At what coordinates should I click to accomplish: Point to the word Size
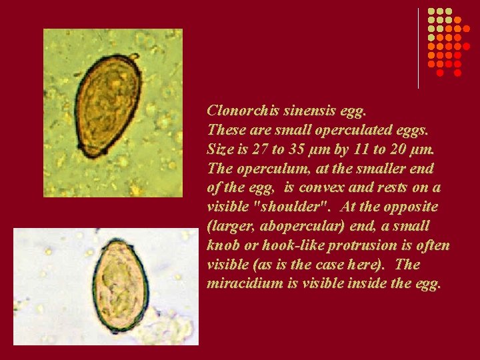[x=221, y=149]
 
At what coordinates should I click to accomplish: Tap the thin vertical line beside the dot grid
[x=419, y=48]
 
